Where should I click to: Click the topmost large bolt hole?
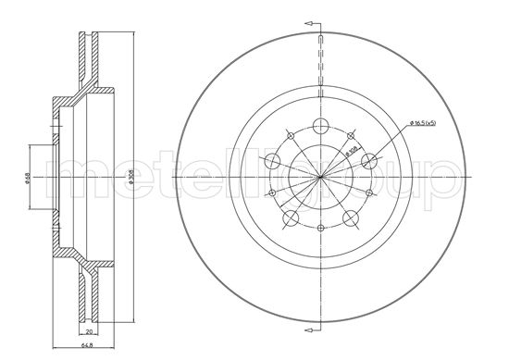(320, 128)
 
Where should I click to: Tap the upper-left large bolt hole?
(272, 162)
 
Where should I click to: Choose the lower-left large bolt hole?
(290, 219)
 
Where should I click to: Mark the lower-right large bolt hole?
(351, 219)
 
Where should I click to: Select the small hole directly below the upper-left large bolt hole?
(271, 192)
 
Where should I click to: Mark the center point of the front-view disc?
(320, 177)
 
